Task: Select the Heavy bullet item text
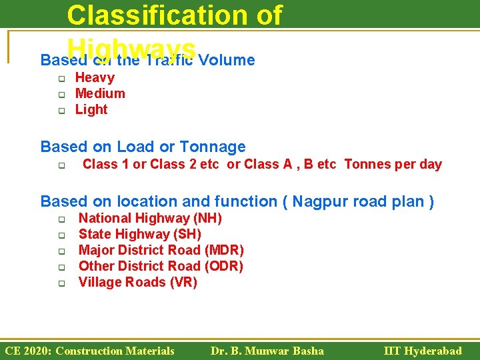95,77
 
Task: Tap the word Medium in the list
100,93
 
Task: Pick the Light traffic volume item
91,109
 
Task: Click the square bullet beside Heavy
59,79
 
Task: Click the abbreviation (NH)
207,218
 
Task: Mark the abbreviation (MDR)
224,250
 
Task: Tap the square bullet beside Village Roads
59,283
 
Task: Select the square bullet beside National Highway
59,219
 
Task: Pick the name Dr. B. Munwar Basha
267,351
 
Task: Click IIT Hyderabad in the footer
423,351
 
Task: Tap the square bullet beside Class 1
59,166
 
